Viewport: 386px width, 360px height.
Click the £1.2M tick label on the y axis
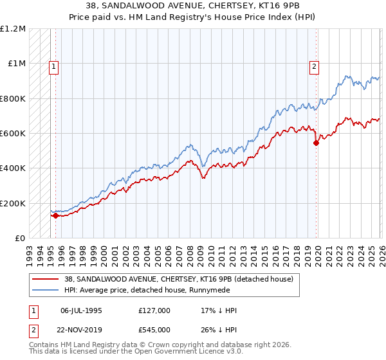tap(13, 29)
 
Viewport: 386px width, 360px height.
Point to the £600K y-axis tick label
tap(13, 134)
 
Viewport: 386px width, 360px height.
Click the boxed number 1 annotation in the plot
tap(53, 65)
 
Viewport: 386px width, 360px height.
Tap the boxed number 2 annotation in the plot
tap(314, 65)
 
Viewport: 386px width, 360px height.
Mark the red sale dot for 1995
tap(55, 216)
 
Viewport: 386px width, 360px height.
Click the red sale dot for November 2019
tap(316, 143)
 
